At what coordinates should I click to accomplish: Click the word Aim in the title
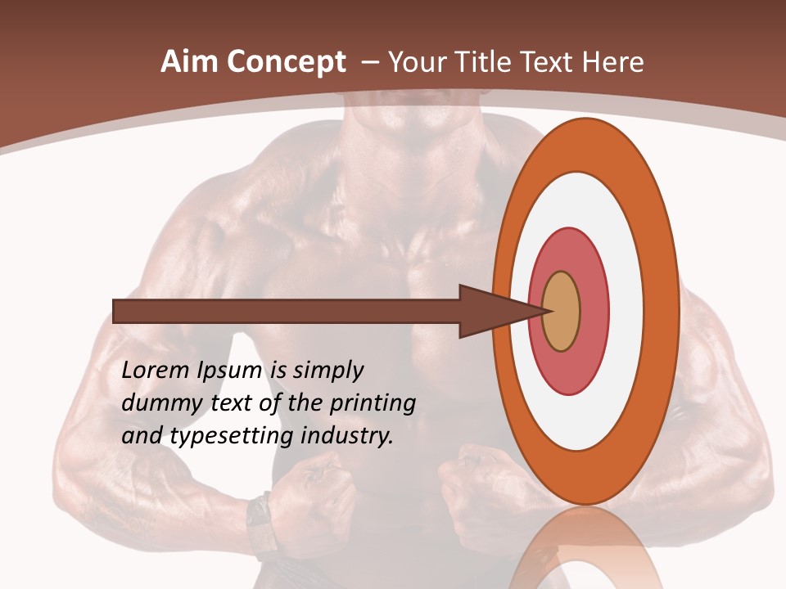[188, 62]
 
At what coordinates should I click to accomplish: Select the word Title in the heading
[486, 62]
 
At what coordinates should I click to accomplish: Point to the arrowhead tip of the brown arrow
[546, 311]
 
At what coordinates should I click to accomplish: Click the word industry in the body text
[347, 436]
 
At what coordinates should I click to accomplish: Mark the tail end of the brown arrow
[115, 311]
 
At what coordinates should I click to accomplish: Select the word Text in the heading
[549, 62]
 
